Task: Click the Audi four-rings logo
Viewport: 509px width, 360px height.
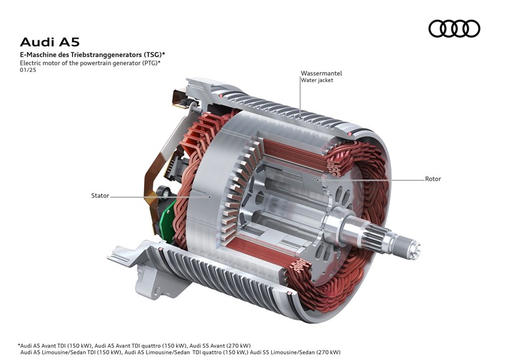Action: [454, 29]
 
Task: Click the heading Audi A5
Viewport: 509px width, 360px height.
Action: [50, 42]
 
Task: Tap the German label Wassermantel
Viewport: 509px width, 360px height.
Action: [321, 73]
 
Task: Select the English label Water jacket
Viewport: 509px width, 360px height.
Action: [317, 80]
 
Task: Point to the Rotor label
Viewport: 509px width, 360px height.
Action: [433, 179]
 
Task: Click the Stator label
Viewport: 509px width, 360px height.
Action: [100, 196]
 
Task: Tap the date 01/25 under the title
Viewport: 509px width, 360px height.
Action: [28, 70]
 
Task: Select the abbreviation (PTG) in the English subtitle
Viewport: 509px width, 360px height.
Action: [150, 63]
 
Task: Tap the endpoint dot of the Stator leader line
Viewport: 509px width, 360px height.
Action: [210, 196]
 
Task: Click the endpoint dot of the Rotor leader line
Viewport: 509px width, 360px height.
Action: [318, 179]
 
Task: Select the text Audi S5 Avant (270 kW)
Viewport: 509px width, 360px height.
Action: [220, 345]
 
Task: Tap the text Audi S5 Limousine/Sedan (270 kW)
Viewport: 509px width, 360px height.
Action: [295, 352]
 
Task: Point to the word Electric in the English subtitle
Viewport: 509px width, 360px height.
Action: [30, 63]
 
